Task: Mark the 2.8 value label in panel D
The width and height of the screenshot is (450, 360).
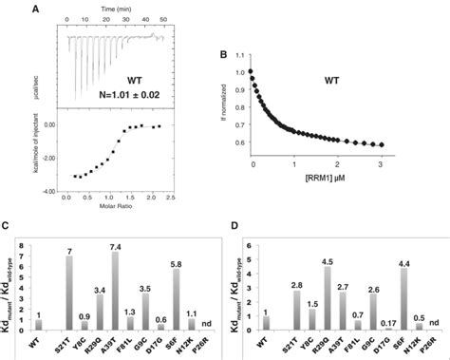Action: tap(297, 284)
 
